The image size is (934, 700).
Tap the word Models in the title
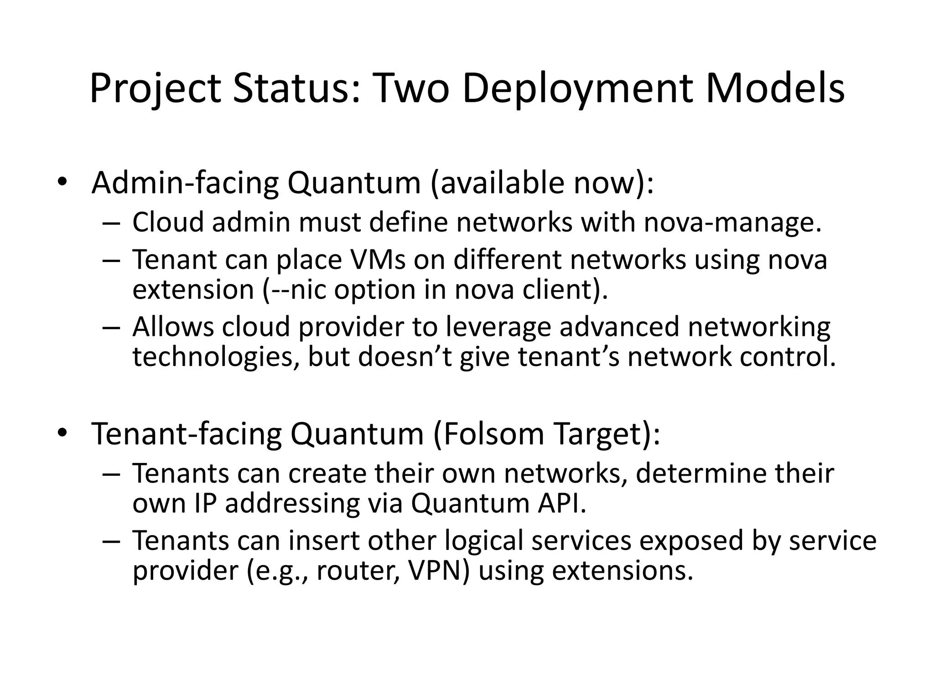(775, 89)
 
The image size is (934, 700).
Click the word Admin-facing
(185, 183)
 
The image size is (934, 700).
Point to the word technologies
(217, 357)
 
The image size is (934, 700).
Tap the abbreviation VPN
(436, 571)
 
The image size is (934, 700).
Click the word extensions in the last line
(623, 571)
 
